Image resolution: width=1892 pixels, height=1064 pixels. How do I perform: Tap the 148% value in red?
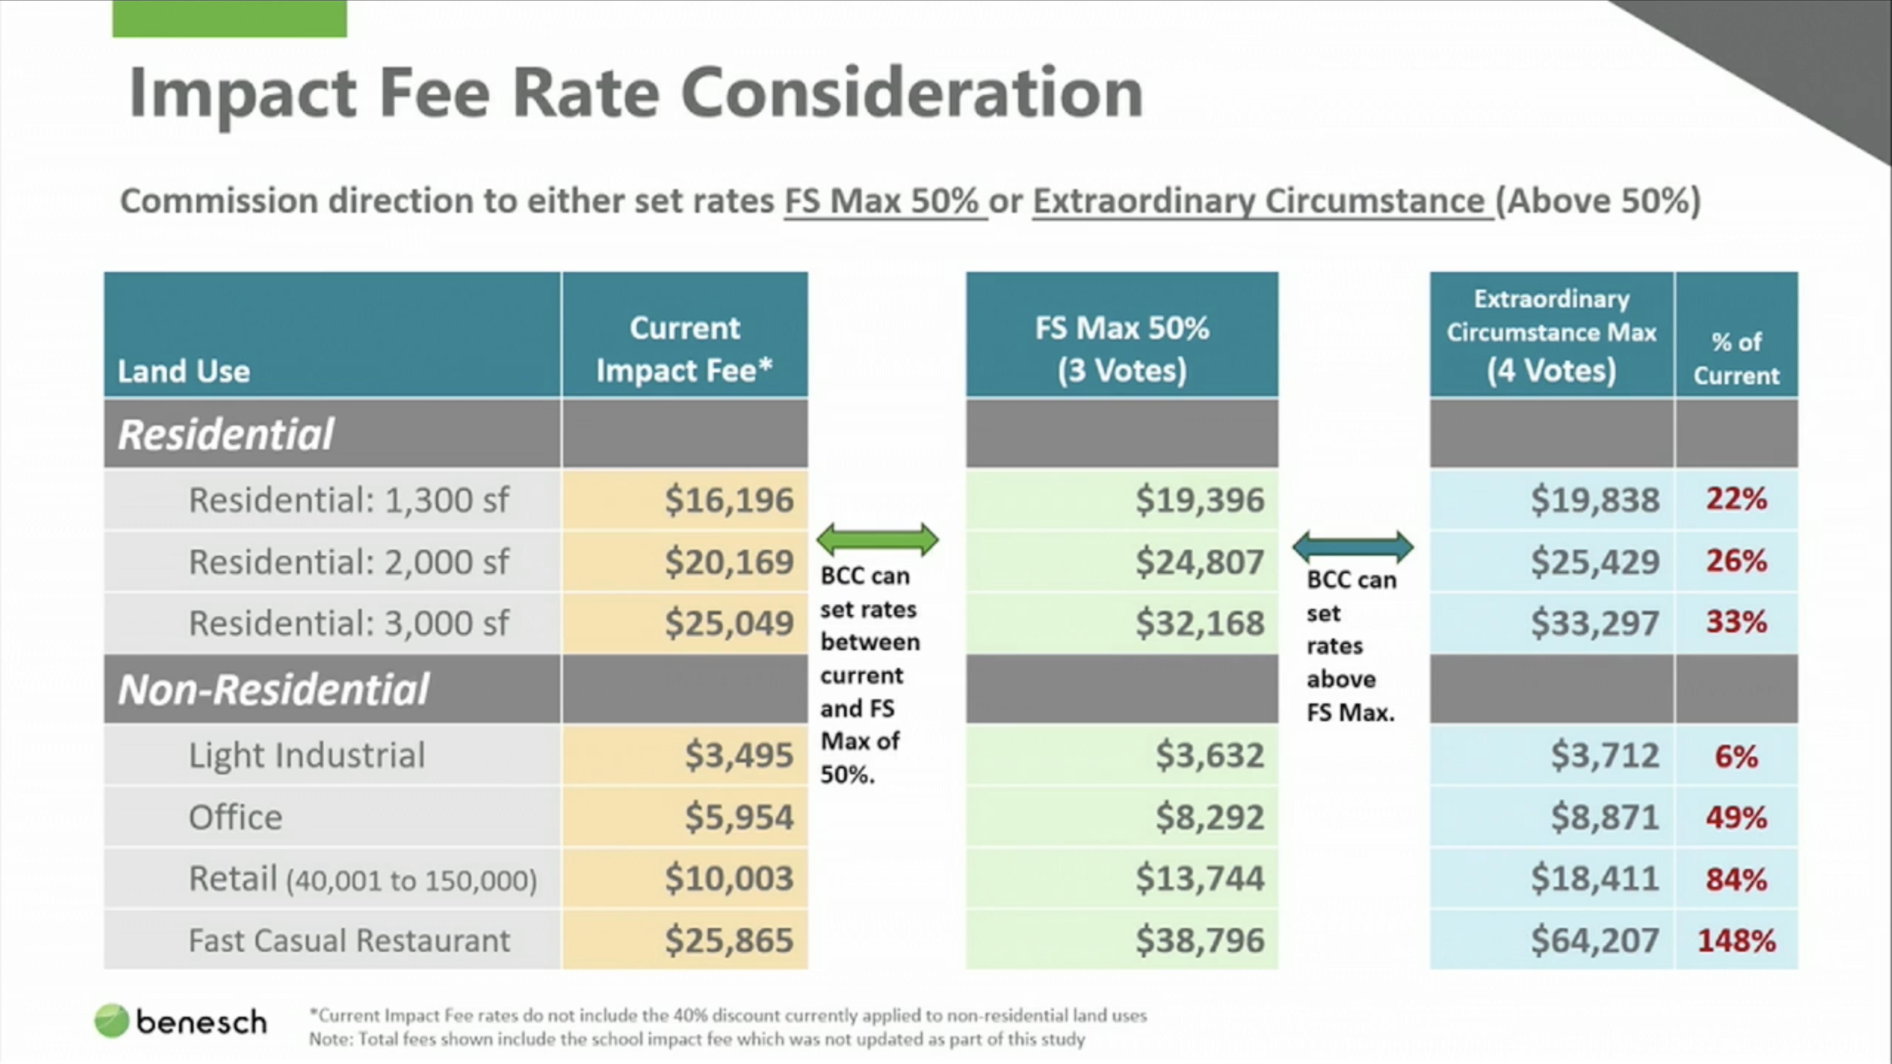1736,941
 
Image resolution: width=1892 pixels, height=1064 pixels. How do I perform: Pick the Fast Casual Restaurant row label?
349,941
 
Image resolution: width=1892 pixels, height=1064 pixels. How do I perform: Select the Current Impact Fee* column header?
684,349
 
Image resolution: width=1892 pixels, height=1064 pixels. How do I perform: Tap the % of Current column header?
1736,358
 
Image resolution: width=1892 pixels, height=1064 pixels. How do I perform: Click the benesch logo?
181,1022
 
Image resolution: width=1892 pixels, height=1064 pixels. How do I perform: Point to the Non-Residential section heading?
273,689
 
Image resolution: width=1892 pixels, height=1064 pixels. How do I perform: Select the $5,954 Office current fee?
739,817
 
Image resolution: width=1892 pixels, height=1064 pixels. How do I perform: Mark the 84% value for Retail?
1736,879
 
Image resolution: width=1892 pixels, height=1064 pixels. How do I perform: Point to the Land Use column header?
184,371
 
